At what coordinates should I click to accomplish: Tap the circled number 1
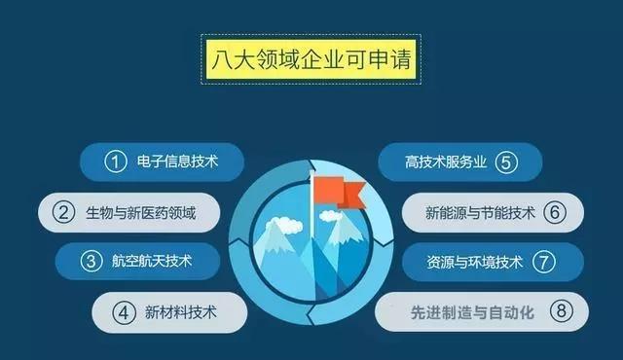tap(118, 162)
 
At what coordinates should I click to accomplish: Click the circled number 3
tap(92, 262)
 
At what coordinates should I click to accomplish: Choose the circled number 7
tap(542, 262)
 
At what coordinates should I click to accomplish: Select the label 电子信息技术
tap(180, 162)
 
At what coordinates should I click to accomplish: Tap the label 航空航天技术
tap(153, 262)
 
